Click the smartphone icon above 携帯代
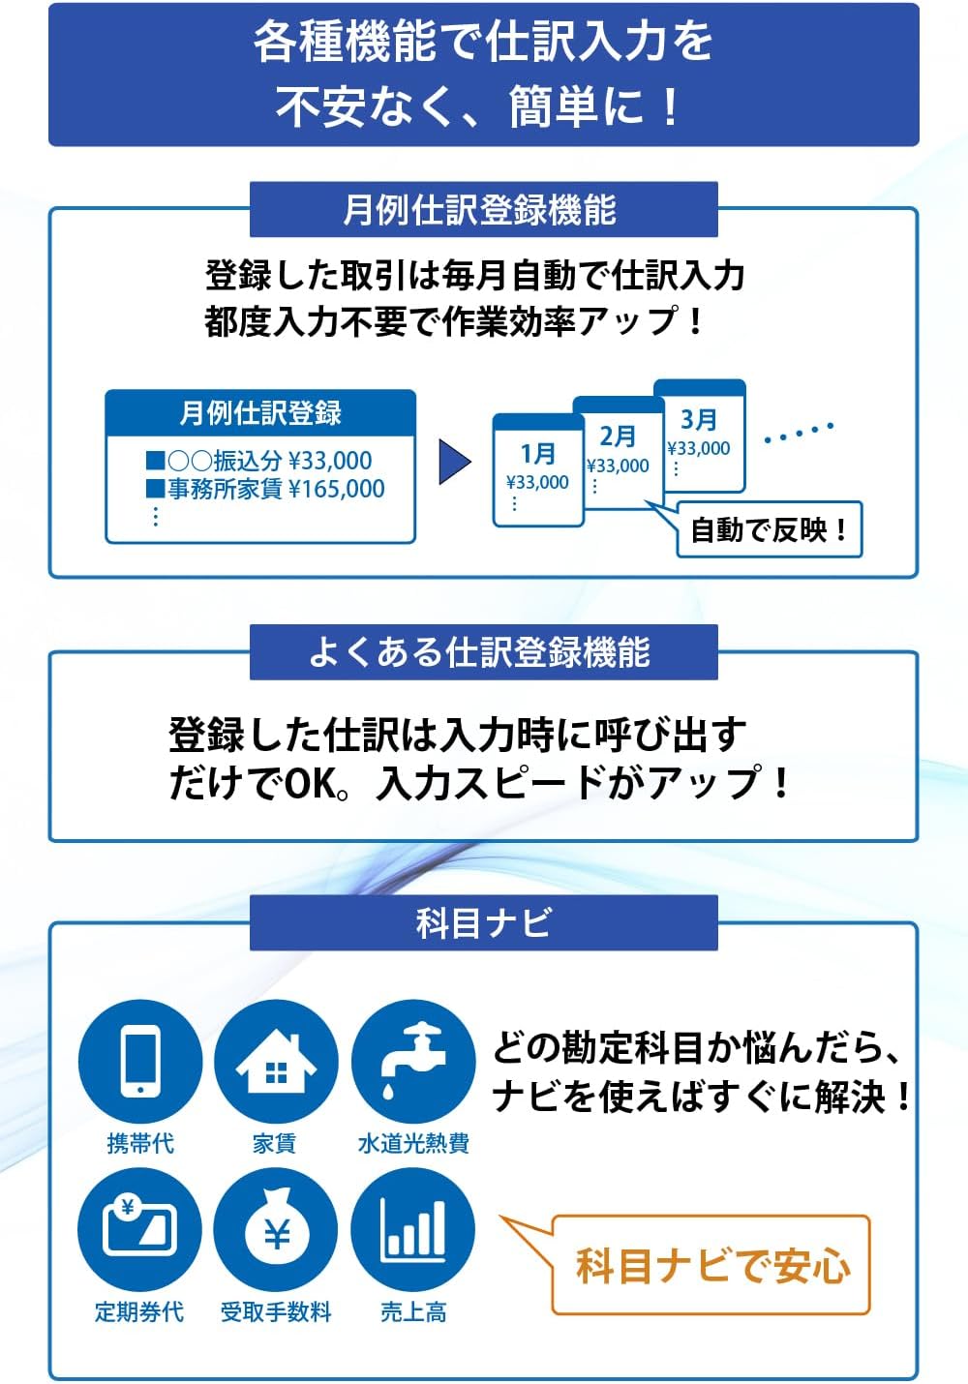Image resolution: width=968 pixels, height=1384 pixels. pos(140,1061)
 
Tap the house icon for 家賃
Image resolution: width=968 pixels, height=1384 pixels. pos(276,1061)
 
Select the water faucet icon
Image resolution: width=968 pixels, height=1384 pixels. pos(413,1061)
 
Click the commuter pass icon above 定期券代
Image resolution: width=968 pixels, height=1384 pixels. pos(140,1229)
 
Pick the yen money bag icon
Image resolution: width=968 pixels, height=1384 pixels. pos(276,1229)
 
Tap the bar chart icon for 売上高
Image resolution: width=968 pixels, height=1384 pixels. pos(413,1229)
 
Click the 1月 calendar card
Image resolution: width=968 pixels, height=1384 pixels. pos(537,469)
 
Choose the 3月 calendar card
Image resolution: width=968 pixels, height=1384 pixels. pos(699,434)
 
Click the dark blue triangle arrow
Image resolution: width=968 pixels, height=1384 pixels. pos(453,462)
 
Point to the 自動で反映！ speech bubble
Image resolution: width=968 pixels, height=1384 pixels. pos(769,530)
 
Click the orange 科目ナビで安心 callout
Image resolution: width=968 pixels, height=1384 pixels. pos(712,1266)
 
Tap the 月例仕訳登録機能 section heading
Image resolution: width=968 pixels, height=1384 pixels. pos(483,210)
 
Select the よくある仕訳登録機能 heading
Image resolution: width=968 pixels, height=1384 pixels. pos(483,652)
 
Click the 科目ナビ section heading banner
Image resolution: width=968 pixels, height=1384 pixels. pos(483,922)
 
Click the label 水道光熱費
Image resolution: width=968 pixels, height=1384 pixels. pos(413,1144)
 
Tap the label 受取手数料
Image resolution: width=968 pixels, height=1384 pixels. pos(276,1312)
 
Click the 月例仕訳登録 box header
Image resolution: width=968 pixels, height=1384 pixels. pos(260,413)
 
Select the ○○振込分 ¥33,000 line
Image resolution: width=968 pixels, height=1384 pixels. pos(259,461)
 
